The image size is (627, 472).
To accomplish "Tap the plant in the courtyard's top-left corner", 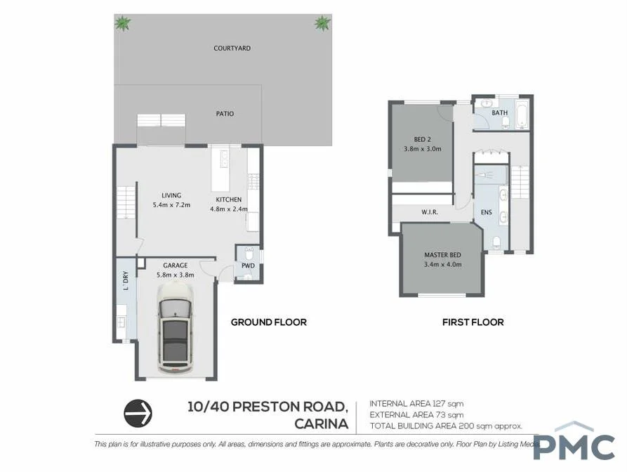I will pyautogui.click(x=123, y=24).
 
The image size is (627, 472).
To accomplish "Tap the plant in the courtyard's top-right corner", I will pyautogui.click(x=322, y=24).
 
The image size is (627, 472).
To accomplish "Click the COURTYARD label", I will pyautogui.click(x=232, y=48).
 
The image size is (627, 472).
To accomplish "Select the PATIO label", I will pyautogui.click(x=225, y=114).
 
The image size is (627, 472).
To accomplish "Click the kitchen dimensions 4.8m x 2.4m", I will pyautogui.click(x=230, y=209).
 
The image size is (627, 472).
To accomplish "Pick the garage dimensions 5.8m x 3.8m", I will pyautogui.click(x=175, y=275).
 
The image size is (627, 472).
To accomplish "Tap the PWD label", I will pyautogui.click(x=247, y=266).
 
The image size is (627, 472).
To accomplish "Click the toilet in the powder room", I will pyautogui.click(x=248, y=254).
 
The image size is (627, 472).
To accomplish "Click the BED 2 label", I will pyautogui.click(x=423, y=139).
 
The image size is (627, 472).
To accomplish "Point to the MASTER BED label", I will pyautogui.click(x=442, y=255).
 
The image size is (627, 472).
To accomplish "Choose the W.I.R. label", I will pyautogui.click(x=430, y=211).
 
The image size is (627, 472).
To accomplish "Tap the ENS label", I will pyautogui.click(x=486, y=211).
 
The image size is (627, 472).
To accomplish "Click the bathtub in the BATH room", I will pyautogui.click(x=521, y=114).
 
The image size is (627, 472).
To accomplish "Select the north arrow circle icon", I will pyautogui.click(x=138, y=414).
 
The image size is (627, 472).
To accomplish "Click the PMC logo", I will pyautogui.click(x=574, y=444).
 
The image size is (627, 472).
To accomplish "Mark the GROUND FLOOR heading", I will pyautogui.click(x=269, y=322).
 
